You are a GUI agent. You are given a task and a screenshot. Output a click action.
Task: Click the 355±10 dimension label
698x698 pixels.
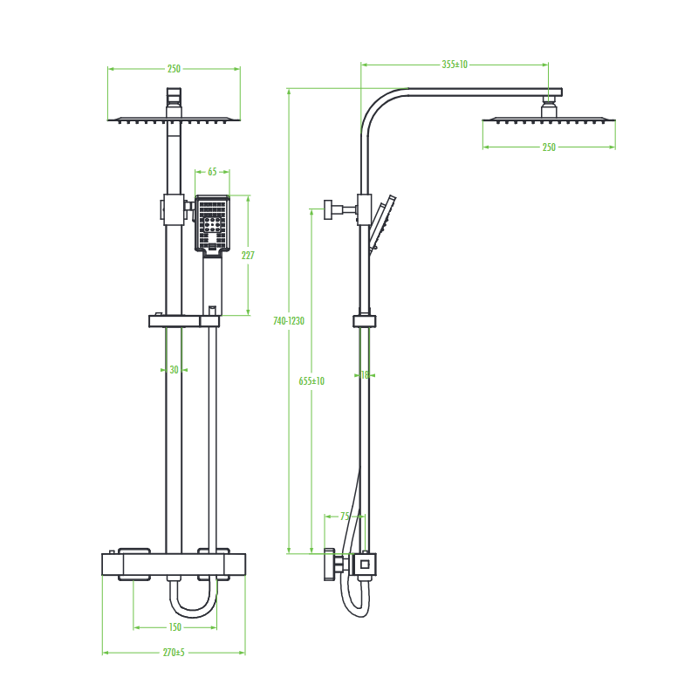(455, 65)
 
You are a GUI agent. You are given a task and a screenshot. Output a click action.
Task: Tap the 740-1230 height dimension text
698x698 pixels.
(289, 321)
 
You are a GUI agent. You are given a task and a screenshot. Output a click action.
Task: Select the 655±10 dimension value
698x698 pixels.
(311, 381)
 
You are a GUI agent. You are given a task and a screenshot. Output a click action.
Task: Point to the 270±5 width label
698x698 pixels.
(174, 653)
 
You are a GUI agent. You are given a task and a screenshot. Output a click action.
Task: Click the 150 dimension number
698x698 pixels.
(175, 627)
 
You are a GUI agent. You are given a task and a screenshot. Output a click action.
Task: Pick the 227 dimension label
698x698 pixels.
(248, 255)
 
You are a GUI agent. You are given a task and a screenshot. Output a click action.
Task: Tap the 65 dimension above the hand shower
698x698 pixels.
(212, 172)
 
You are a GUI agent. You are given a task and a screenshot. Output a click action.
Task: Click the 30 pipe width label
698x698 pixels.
(174, 370)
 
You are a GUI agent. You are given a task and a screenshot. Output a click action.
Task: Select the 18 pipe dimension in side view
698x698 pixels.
(365, 375)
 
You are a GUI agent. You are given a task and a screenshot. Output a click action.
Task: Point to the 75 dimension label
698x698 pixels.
(345, 517)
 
